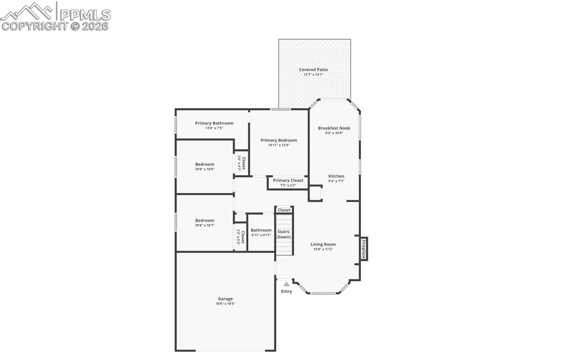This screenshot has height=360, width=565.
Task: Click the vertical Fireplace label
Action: point(364,249)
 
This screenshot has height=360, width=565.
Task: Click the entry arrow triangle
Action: point(286,283)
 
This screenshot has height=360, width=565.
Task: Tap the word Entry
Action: point(286,291)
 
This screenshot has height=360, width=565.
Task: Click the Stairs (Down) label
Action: point(284,234)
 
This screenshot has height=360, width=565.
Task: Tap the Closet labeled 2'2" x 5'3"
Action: point(241,237)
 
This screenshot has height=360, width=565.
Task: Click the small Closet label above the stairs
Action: point(284,210)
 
